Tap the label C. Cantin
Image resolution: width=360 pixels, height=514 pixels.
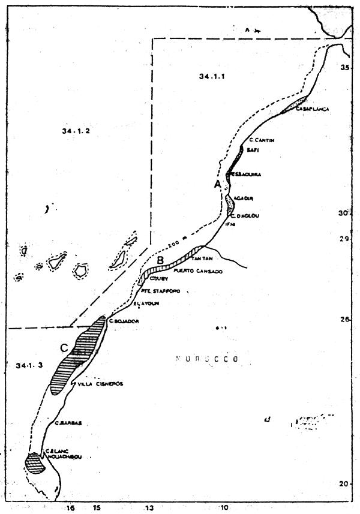click(x=261, y=140)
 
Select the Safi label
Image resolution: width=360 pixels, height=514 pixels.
click(x=253, y=151)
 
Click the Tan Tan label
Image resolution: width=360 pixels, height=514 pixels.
click(x=203, y=259)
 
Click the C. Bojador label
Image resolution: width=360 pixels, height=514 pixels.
click(x=124, y=321)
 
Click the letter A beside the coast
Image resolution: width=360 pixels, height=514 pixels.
click(x=218, y=185)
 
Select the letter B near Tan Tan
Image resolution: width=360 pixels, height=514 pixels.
click(x=160, y=260)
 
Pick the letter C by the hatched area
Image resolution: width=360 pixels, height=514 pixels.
click(x=64, y=347)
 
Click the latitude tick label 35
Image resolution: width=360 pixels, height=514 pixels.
click(x=345, y=68)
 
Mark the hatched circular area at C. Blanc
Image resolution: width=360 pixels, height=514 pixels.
click(x=35, y=463)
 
